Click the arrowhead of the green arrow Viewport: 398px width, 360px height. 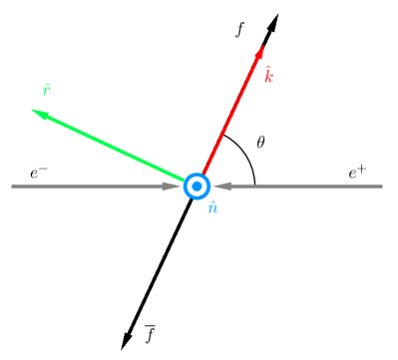pyautogui.click(x=38, y=113)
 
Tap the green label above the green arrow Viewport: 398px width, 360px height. pyautogui.click(x=46, y=90)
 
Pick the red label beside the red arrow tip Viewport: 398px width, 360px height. pyautogui.click(x=268, y=75)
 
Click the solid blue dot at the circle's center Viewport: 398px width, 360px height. pyautogui.click(x=198, y=185)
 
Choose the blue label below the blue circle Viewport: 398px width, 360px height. pyautogui.click(x=212, y=207)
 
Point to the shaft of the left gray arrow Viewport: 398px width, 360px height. pyautogui.click(x=90, y=185)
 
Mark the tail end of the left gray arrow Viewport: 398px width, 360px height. pyautogui.click(x=13, y=185)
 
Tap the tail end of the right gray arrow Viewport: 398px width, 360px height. pyautogui.click(x=381, y=185)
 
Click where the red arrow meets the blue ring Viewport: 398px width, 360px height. pyautogui.click(x=203, y=175)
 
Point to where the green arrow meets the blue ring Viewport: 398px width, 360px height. pyautogui.click(x=187, y=180)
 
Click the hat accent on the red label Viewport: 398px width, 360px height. pyautogui.click(x=267, y=68)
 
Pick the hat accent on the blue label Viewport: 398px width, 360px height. pyautogui.click(x=212, y=201)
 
